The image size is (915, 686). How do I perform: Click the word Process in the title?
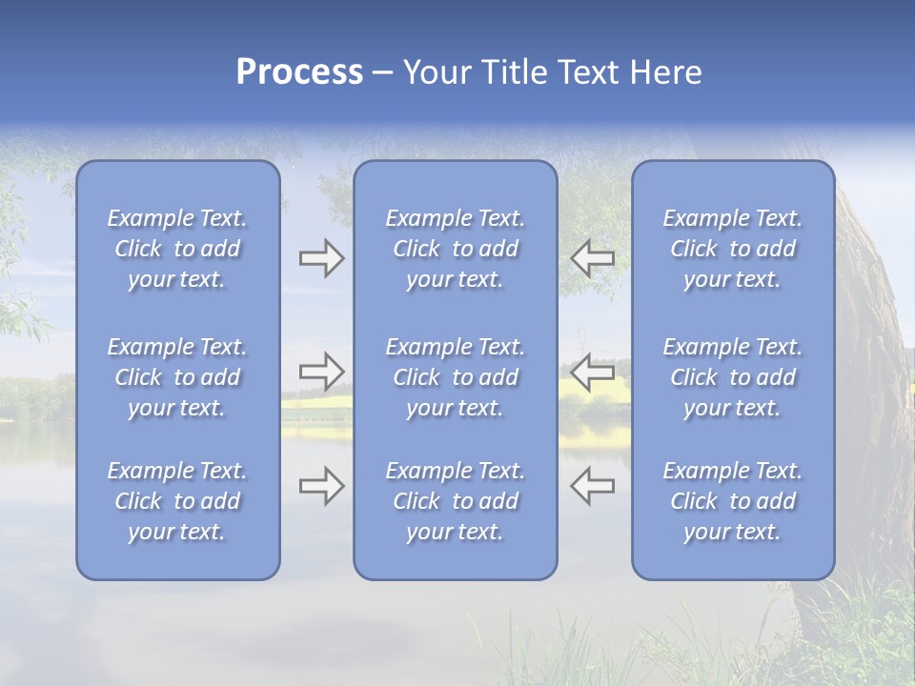coord(299,72)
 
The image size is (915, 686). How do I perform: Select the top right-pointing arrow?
coord(321,258)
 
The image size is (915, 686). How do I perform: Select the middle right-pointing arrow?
coord(321,372)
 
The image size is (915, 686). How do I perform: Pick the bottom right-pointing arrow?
coord(321,486)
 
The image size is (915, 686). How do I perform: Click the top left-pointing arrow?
coord(592,258)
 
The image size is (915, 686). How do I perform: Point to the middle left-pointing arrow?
coord(592,372)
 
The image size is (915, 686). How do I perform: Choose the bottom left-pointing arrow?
coord(592,486)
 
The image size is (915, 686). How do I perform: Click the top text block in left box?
coord(177,249)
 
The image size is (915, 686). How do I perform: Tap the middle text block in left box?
coord(177,377)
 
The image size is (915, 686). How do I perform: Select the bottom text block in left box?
coord(177,501)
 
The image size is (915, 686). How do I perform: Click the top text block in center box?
coord(455,249)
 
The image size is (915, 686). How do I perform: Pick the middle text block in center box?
coord(455,377)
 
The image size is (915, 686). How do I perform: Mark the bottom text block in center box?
coord(455,501)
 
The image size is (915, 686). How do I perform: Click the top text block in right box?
coord(732,249)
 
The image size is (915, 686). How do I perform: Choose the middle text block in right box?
coord(732,377)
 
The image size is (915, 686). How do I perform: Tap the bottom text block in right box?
coord(732,501)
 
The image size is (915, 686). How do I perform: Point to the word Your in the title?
coord(436,72)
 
